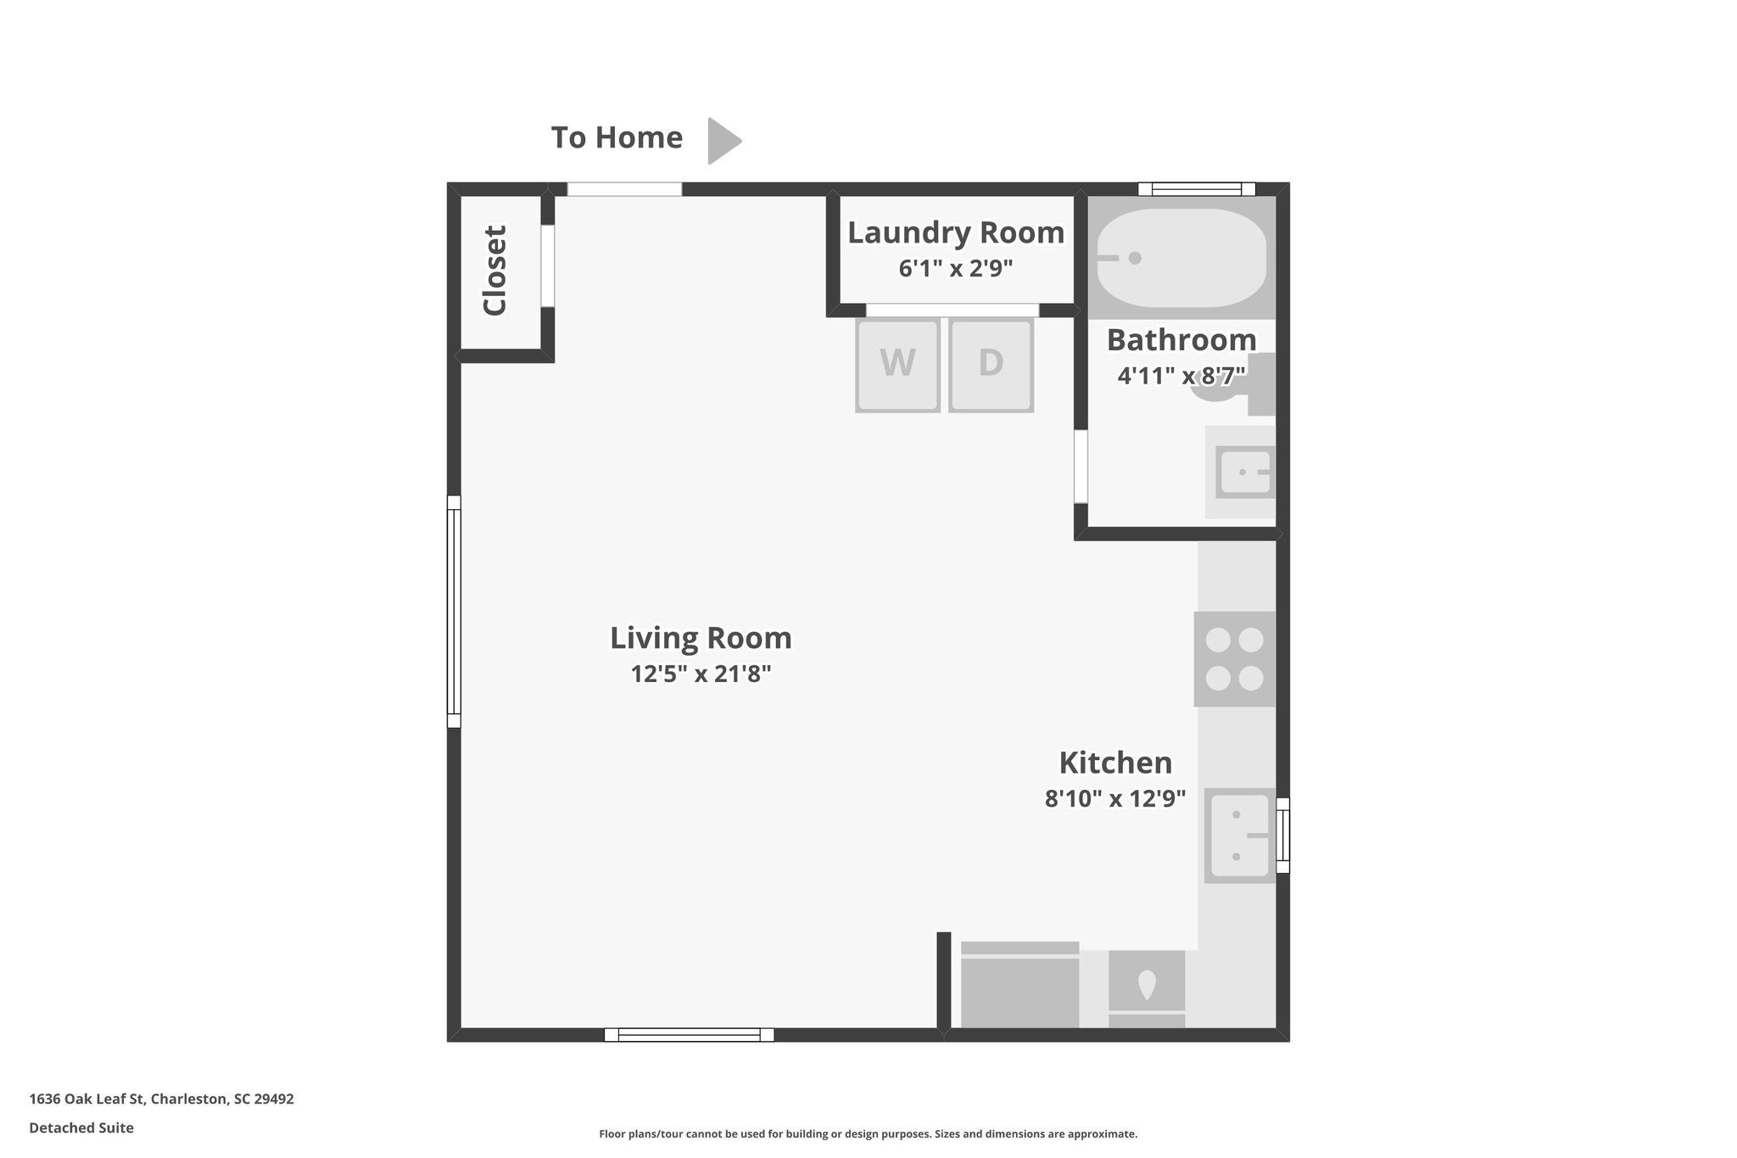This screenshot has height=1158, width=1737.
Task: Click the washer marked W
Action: pos(897,365)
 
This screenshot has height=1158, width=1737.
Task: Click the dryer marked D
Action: pos(991,365)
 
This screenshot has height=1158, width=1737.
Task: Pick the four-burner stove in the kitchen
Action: pos(1234,659)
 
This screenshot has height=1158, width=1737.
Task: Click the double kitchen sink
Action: pos(1239,836)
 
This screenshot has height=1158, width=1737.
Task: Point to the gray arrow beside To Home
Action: pos(723,140)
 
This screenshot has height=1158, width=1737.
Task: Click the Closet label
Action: pos(494,271)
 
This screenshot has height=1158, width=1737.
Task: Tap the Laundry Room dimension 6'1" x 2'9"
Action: pos(956,269)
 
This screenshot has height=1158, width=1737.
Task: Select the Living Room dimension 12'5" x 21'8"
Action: pos(701,674)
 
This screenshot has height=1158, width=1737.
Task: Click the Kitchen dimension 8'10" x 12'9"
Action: pos(1114,799)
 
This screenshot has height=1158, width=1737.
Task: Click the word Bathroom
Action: pos(1181,340)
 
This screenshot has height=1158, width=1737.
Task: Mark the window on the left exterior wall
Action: pos(454,611)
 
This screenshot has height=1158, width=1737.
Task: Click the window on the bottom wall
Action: pos(689,1034)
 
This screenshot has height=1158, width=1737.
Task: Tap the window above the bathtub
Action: pos(1196,189)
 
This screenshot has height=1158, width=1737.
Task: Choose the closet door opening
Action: pos(548,266)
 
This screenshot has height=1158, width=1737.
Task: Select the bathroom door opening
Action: pos(1081,467)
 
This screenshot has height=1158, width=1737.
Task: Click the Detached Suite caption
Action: pos(81,1127)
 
